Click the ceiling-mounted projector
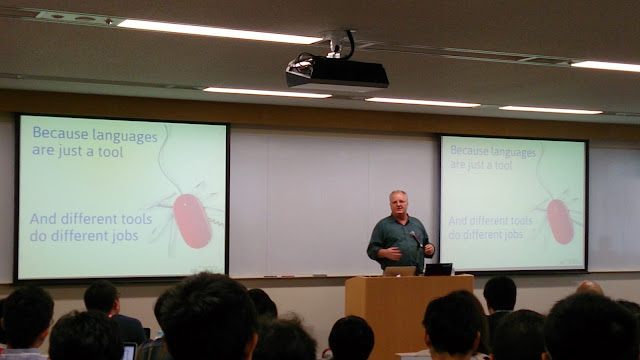pos(337,72)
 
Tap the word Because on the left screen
pos(60,133)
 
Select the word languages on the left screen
pos(125,136)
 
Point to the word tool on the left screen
pos(111,152)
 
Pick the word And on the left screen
pos(43,219)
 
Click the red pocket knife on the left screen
pos(192,220)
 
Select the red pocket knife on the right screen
pos(560,222)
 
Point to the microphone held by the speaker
pos(416,239)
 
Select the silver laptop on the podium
pos(400,271)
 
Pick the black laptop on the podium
pos(438,269)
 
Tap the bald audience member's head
pos(589,288)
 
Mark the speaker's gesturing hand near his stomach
pos(392,254)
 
